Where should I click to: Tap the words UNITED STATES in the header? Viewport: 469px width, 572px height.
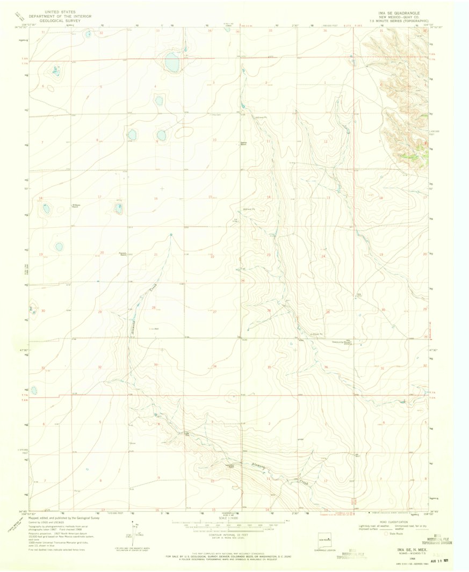point(60,11)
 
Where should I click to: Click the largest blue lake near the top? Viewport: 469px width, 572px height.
point(172,62)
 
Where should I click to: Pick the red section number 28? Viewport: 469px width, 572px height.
point(154,308)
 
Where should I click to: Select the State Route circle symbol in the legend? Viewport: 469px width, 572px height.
point(386,534)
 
